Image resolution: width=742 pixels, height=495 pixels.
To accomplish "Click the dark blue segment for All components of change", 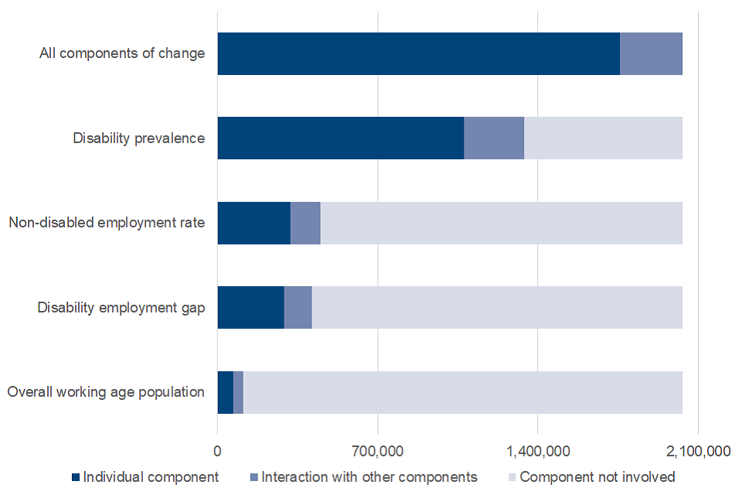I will (x=418, y=53).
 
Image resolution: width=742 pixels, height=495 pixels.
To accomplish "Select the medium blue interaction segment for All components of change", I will (x=651, y=53).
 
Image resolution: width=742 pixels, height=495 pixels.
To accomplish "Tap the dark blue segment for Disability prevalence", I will (x=340, y=138).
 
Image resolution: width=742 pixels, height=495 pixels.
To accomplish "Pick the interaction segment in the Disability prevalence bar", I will (x=494, y=138).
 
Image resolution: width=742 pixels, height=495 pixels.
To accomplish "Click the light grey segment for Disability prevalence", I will (x=603, y=138).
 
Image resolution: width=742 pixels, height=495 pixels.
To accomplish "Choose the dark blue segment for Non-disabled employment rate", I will (x=254, y=223).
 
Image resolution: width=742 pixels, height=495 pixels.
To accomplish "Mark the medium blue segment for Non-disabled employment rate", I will (x=305, y=223).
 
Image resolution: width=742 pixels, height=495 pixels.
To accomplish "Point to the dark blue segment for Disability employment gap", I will (x=250, y=308).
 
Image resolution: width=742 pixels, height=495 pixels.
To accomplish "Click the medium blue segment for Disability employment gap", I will (x=298, y=308).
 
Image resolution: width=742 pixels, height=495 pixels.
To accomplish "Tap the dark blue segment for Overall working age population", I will (x=225, y=392).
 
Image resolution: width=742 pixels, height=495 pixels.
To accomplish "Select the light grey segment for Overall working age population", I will (x=462, y=392).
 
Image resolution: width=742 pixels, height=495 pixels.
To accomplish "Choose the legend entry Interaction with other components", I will (x=362, y=477).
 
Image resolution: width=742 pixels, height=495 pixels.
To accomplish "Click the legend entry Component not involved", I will (x=591, y=477).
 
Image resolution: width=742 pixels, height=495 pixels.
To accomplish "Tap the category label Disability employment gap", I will (x=121, y=308).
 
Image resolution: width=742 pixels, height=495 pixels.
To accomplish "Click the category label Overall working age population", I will (x=106, y=392).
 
